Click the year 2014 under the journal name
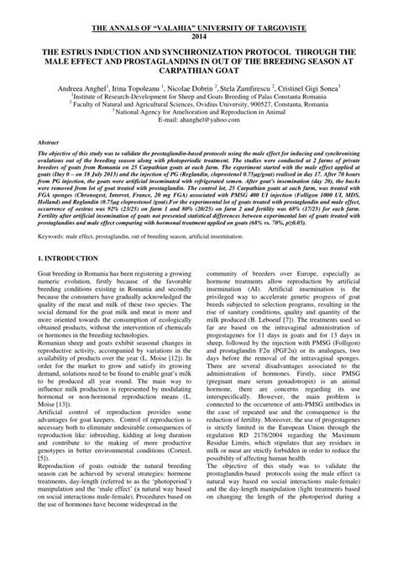(198, 37)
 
